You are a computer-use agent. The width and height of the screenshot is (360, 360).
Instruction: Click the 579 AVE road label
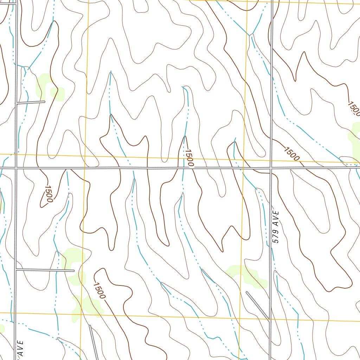click(276, 227)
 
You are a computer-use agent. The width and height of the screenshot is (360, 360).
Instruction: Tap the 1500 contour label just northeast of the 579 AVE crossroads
click(291, 154)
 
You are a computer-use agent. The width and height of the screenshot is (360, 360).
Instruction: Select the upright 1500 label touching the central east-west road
click(188, 158)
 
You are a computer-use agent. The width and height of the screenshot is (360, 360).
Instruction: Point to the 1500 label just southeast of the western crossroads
click(48, 194)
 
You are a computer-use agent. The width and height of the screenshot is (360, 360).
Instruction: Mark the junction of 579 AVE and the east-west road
click(271, 168)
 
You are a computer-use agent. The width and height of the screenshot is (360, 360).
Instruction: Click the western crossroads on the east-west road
click(16, 168)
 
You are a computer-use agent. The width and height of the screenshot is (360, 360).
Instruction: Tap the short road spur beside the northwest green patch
click(31, 102)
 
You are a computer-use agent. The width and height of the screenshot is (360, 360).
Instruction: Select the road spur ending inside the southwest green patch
click(45, 270)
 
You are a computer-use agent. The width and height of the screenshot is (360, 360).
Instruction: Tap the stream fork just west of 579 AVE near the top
click(252, 35)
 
